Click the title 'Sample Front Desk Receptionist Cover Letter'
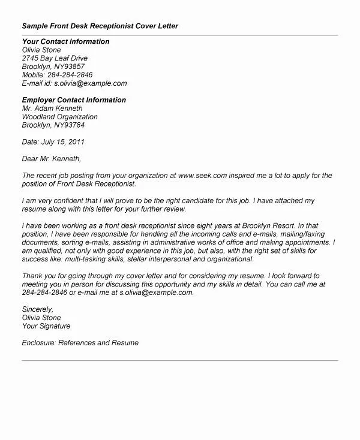tap(100, 27)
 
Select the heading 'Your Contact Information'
tap(65, 41)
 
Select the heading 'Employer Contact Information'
tap(74, 100)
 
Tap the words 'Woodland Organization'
tap(59, 117)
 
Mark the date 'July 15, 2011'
tap(62, 142)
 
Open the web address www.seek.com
tap(203, 176)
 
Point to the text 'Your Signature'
tap(46, 326)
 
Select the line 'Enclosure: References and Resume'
tap(80, 343)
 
